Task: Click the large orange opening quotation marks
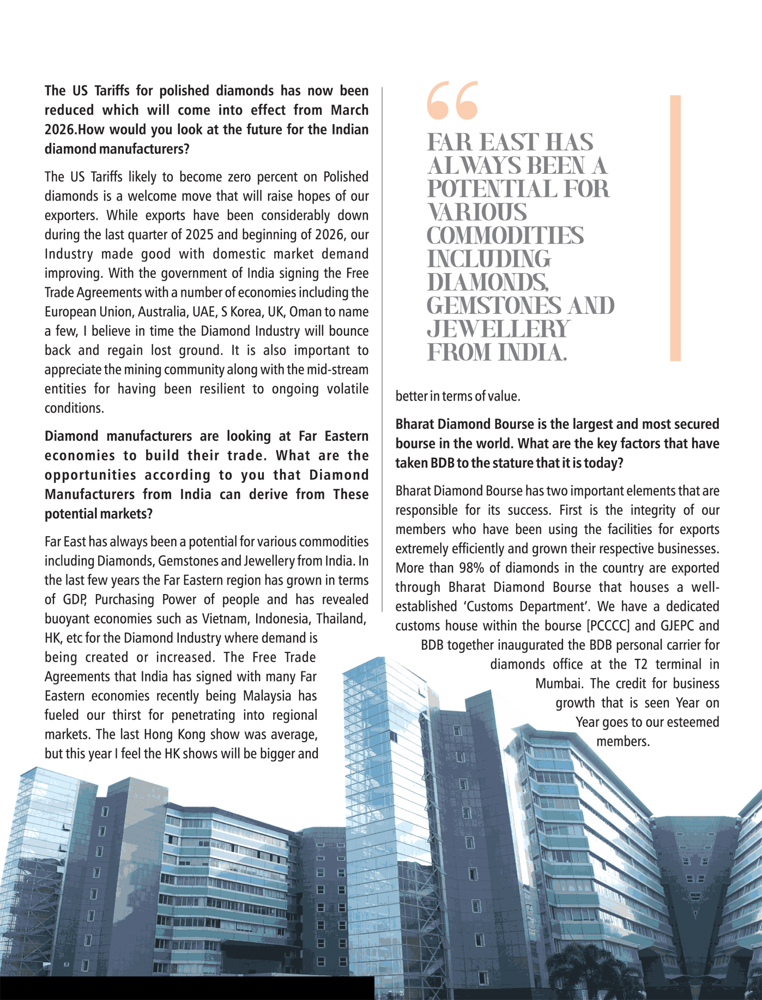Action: pos(452,100)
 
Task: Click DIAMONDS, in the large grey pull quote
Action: pos(487,282)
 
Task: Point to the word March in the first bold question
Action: pos(349,110)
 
